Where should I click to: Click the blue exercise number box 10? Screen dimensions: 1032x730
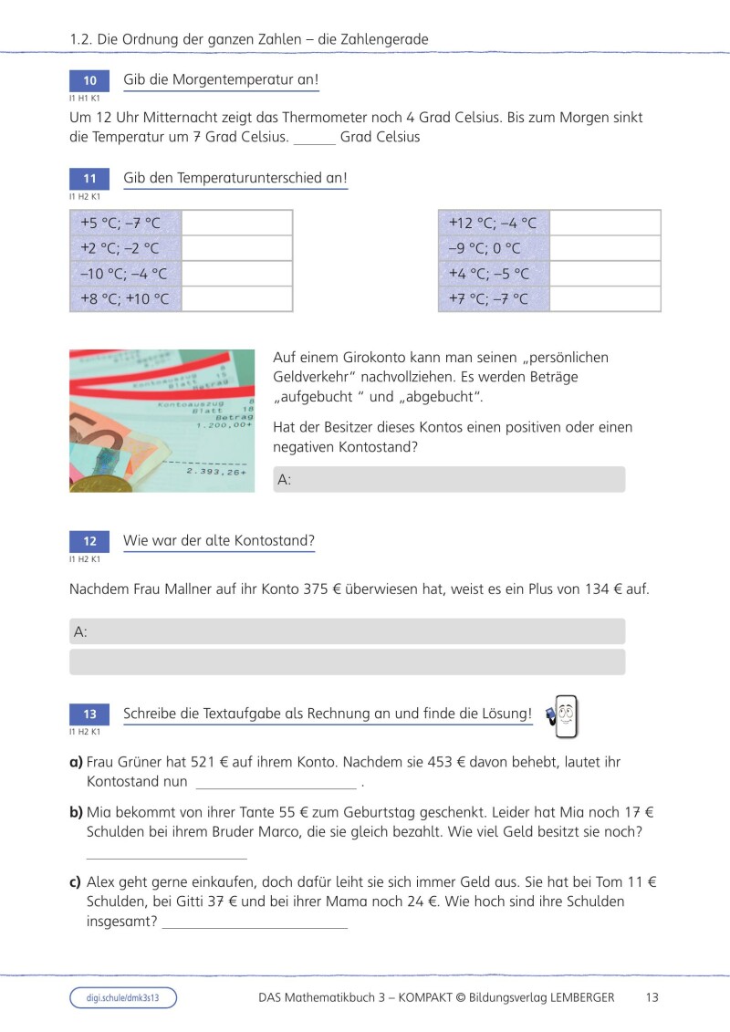(x=89, y=80)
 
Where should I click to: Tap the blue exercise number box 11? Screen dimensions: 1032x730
(x=89, y=179)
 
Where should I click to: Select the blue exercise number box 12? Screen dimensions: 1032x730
(x=89, y=541)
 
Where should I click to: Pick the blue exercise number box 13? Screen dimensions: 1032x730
(x=89, y=714)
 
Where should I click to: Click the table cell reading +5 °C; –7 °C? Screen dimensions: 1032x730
(x=126, y=223)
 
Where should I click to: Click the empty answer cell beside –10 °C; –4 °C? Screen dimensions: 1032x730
(x=237, y=274)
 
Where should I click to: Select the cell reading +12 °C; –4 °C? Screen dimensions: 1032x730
(x=494, y=223)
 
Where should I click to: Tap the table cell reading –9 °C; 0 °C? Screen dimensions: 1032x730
(x=494, y=248)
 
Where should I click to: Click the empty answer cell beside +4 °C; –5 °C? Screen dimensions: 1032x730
(x=605, y=274)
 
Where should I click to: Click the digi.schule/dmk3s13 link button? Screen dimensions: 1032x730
(x=123, y=998)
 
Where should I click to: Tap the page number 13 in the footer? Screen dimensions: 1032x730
(x=652, y=998)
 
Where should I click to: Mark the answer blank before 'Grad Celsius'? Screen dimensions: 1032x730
(x=315, y=140)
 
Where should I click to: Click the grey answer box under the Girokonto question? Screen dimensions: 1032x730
(x=449, y=480)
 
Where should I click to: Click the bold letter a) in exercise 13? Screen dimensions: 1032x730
(x=77, y=762)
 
